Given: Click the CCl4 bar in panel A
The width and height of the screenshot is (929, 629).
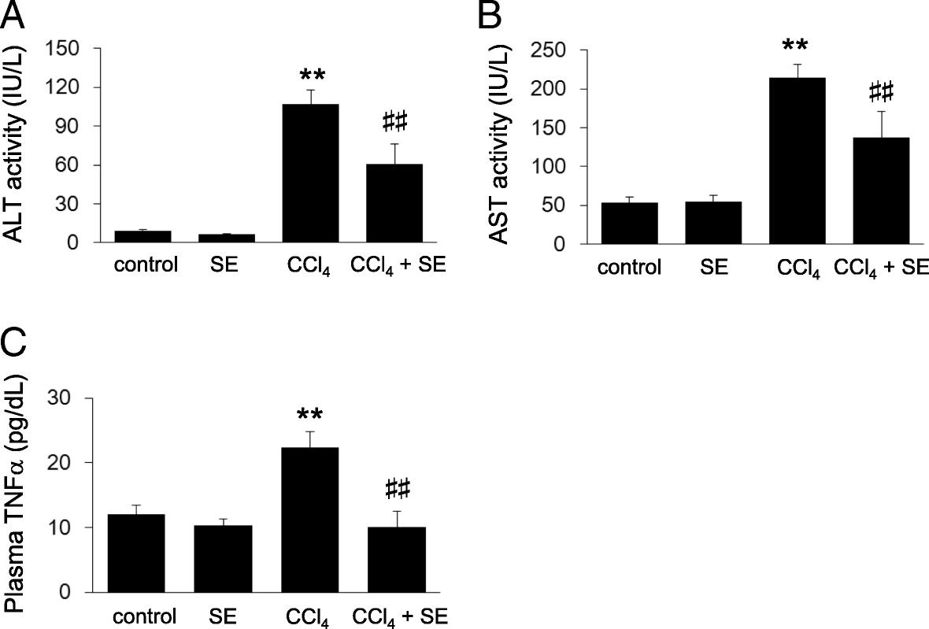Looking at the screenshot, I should click(310, 173).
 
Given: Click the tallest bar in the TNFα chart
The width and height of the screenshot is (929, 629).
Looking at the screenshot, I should click(311, 520).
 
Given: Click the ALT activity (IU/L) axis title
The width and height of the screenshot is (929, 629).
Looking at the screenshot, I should click(17, 146).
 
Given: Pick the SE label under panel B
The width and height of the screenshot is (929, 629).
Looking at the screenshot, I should click(713, 267).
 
